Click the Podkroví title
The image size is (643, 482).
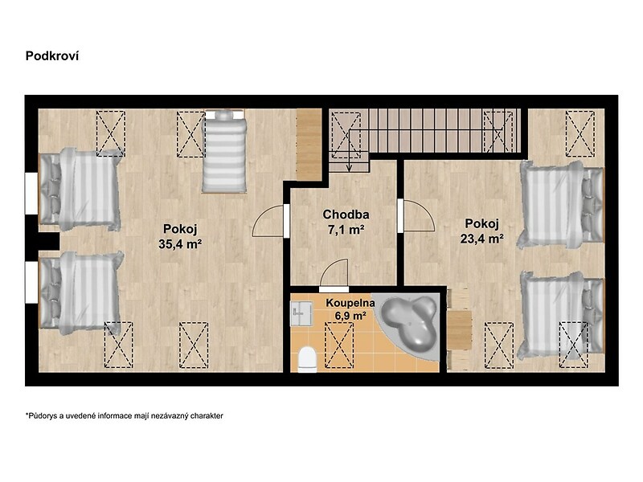[x=52, y=55]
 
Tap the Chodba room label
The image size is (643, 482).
[x=346, y=214]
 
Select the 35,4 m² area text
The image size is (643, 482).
[x=180, y=244]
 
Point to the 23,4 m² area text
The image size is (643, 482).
[x=481, y=239]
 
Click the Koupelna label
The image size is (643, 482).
[x=350, y=303]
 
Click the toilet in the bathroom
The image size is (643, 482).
[x=307, y=359]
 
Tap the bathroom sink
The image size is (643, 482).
[x=301, y=314]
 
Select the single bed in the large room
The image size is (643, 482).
[x=224, y=151]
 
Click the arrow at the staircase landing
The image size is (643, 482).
[x=349, y=151]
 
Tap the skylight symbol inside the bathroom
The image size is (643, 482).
[x=338, y=345]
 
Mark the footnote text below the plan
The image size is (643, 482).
[x=125, y=415]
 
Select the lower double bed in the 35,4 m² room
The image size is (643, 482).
[x=81, y=292]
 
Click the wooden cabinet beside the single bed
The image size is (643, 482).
[x=309, y=144]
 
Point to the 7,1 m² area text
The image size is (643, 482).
[x=346, y=230]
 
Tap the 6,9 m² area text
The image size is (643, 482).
[x=350, y=316]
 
